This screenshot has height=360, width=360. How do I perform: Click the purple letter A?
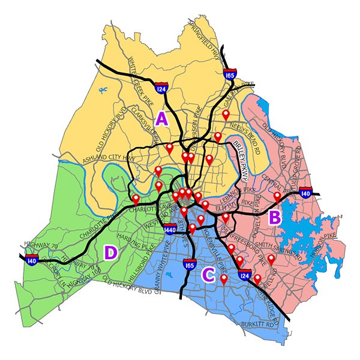[x=162, y=118]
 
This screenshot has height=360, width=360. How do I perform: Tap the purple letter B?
[x=274, y=217]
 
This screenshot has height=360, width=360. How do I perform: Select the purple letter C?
[x=208, y=275]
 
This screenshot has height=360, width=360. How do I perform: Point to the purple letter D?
[x=110, y=253]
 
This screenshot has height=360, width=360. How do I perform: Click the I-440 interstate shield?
[x=169, y=229]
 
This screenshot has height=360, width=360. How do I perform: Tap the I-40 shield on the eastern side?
[x=305, y=193]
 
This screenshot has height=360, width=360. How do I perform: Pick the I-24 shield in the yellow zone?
[x=160, y=89]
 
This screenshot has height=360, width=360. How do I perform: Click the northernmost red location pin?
[x=226, y=114]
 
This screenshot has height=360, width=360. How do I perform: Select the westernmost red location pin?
[x=136, y=199]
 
